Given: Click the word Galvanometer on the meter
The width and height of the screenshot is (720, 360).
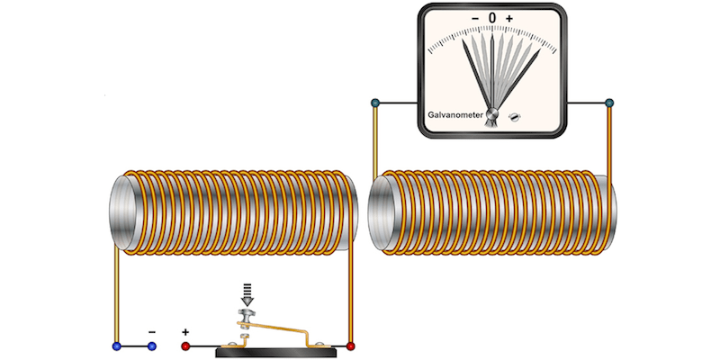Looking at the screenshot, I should tap(454, 115).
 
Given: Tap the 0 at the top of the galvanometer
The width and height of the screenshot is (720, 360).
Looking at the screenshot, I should tap(491, 17).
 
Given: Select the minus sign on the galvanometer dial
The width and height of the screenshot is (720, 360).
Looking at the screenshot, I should tap(475, 18).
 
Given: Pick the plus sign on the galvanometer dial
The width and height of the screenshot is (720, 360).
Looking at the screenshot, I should tap(508, 18).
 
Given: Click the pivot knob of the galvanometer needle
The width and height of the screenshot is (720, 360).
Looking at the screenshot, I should tap(491, 114).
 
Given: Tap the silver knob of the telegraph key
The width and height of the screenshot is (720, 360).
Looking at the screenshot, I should tap(247, 315).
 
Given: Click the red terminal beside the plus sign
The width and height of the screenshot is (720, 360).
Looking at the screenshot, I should tap(186, 346).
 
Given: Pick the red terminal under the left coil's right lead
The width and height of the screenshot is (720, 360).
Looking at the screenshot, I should tap(351, 346).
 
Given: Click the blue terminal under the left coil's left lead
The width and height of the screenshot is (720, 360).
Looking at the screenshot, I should tap(116, 346).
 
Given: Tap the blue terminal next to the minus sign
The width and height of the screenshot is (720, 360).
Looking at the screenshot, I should tap(151, 346).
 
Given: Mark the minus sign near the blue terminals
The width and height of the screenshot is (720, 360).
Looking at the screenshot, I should tap(151, 331).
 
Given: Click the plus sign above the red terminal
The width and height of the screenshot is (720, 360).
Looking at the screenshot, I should tap(186, 331).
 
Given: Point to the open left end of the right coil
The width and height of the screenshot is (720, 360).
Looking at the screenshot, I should tap(382, 211).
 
